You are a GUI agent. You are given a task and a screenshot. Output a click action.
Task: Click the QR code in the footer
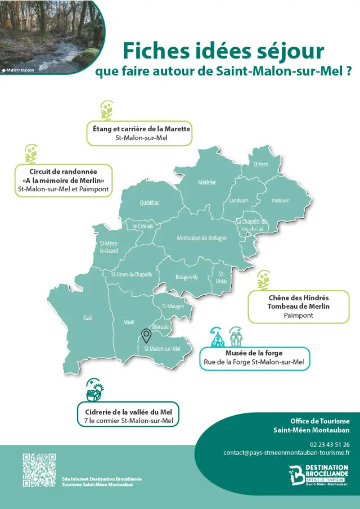(39, 470)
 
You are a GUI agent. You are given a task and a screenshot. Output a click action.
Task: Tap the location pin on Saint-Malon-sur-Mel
(146, 336)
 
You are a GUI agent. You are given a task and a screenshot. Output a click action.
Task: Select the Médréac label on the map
(207, 182)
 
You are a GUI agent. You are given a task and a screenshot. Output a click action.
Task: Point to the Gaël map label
(88, 318)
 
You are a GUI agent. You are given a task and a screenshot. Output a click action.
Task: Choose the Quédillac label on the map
(150, 203)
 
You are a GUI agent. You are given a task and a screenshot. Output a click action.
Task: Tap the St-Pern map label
(260, 164)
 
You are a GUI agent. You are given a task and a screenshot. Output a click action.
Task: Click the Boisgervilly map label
(187, 277)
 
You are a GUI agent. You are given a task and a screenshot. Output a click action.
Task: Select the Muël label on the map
(129, 322)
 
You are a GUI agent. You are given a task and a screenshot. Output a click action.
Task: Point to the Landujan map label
(238, 201)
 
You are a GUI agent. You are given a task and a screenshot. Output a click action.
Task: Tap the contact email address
(286, 452)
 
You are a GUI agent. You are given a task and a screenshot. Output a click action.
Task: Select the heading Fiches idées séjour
(223, 51)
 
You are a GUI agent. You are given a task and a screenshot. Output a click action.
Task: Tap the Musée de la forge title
(254, 353)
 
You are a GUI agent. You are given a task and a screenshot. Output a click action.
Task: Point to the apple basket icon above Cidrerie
(94, 389)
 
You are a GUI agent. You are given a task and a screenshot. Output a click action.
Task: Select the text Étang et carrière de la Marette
(142, 129)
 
